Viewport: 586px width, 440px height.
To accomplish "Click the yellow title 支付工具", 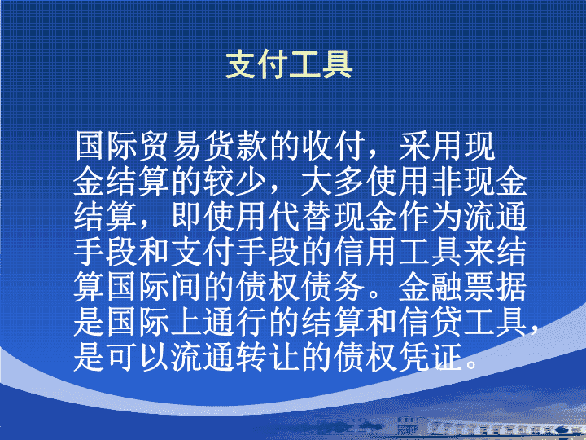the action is click(289, 64).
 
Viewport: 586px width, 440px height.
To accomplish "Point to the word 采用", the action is click(431, 146).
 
